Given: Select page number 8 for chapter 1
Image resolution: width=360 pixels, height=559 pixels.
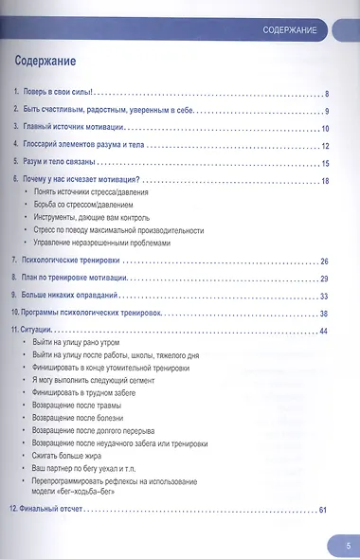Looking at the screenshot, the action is pyautogui.click(x=325, y=93).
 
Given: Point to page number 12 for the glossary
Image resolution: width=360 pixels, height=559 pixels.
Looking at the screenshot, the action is pyautogui.click(x=324, y=145).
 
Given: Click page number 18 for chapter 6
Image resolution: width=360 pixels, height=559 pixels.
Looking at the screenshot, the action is pyautogui.click(x=324, y=180).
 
